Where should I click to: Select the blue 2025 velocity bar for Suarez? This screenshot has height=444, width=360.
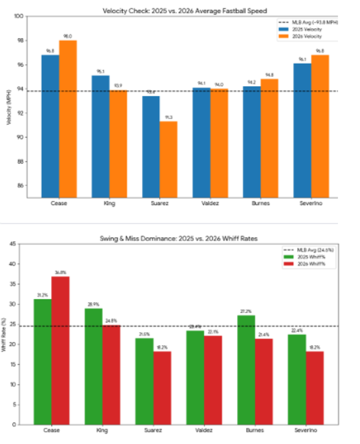(x=151, y=147)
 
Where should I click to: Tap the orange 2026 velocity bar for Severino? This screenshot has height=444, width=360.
(x=320, y=126)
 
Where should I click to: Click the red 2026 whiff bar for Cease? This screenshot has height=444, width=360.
(x=60, y=350)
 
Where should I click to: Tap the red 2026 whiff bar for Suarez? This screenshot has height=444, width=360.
(x=162, y=388)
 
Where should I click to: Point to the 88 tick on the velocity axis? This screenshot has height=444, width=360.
(x=20, y=162)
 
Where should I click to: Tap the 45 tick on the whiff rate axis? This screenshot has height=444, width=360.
(x=13, y=244)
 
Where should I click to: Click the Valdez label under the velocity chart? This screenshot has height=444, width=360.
(x=210, y=203)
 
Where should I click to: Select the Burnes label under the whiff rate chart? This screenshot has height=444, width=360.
(x=255, y=430)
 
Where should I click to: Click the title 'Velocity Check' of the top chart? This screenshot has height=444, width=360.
(x=185, y=11)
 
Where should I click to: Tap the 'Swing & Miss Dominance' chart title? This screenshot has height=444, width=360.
(x=179, y=239)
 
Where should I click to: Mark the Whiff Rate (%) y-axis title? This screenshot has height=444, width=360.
(x=4, y=334)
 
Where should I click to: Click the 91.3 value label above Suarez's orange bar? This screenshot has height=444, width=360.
(x=169, y=117)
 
